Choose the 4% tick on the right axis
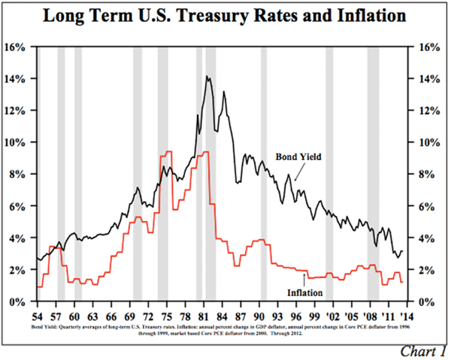click(x=421, y=238)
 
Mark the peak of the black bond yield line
click(x=207, y=76)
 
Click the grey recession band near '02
click(x=329, y=173)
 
